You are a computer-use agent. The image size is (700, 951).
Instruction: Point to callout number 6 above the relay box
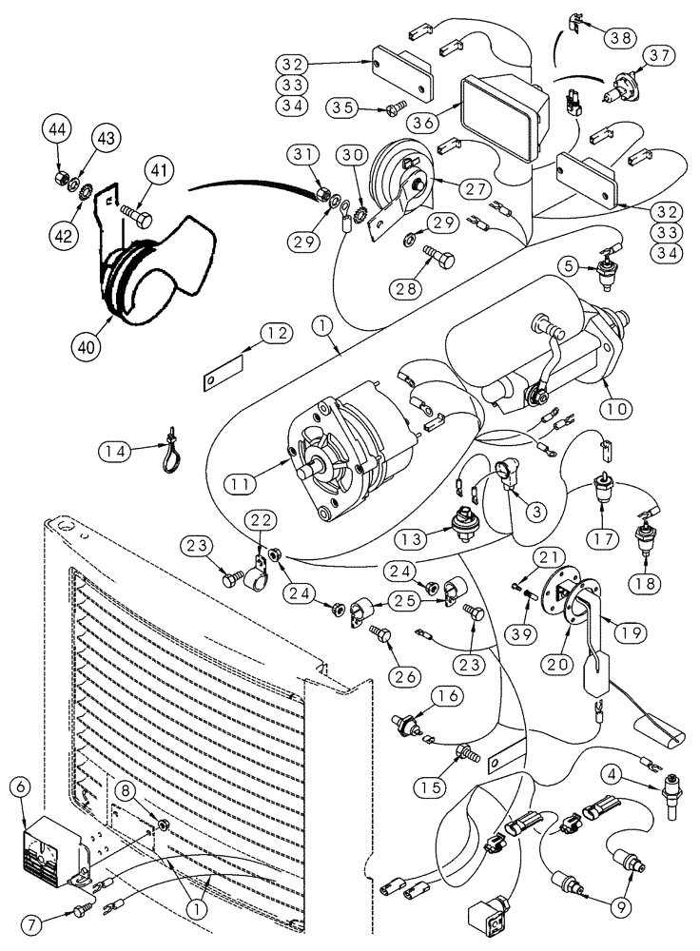point(18,786)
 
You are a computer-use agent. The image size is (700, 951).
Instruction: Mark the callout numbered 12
point(274,333)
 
